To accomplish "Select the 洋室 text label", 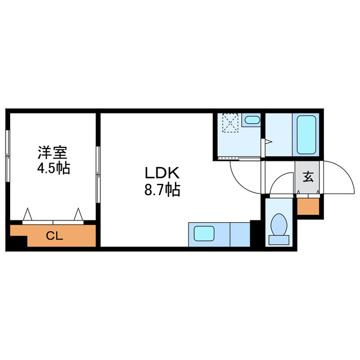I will (x=52, y=152).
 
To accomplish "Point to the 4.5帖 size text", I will (x=52, y=169).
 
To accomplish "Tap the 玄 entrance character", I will (x=308, y=177).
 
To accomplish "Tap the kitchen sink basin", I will (x=205, y=233).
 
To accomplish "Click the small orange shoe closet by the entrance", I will (x=308, y=206).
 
